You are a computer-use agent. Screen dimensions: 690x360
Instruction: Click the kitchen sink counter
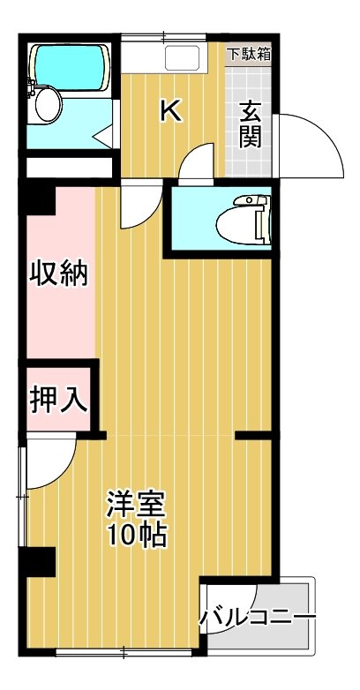point(171,58)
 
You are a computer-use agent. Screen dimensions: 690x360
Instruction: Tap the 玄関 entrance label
point(251,124)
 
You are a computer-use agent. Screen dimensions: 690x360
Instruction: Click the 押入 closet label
point(59,400)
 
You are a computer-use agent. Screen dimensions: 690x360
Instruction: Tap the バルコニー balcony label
point(257,615)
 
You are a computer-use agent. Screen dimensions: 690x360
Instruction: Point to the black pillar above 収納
point(40,199)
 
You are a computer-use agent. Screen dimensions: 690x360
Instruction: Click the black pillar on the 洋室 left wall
point(40,561)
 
